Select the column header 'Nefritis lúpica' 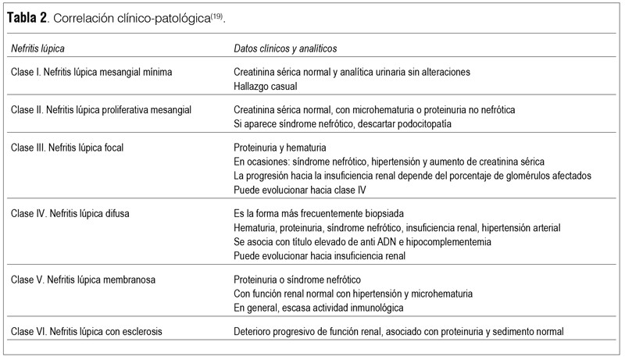38,48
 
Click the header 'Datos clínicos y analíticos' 285,48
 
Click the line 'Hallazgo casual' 267,85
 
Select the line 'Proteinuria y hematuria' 282,147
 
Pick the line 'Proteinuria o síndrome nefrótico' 299,279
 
